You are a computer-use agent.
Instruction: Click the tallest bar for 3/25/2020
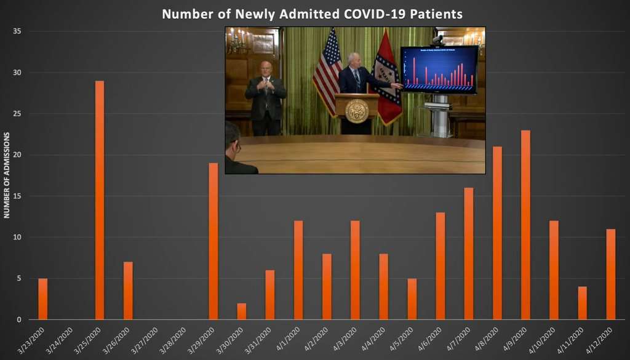[100, 200]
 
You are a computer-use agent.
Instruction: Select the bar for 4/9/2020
[525, 225]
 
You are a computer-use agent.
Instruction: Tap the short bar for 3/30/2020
[242, 311]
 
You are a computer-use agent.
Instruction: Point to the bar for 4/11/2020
[582, 303]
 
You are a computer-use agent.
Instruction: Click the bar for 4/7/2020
[469, 254]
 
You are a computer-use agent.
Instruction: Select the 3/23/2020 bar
[42, 299]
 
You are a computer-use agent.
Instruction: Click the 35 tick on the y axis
[17, 31]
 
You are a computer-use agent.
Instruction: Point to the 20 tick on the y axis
[17, 155]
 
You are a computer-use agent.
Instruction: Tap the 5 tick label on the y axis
[19, 278]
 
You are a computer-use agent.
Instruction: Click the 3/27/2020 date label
[147, 339]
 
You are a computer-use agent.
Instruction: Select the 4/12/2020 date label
[601, 339]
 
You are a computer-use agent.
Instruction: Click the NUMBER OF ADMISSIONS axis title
[7, 175]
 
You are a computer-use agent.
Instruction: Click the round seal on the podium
[357, 111]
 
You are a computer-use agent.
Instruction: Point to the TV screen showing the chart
[439, 69]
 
